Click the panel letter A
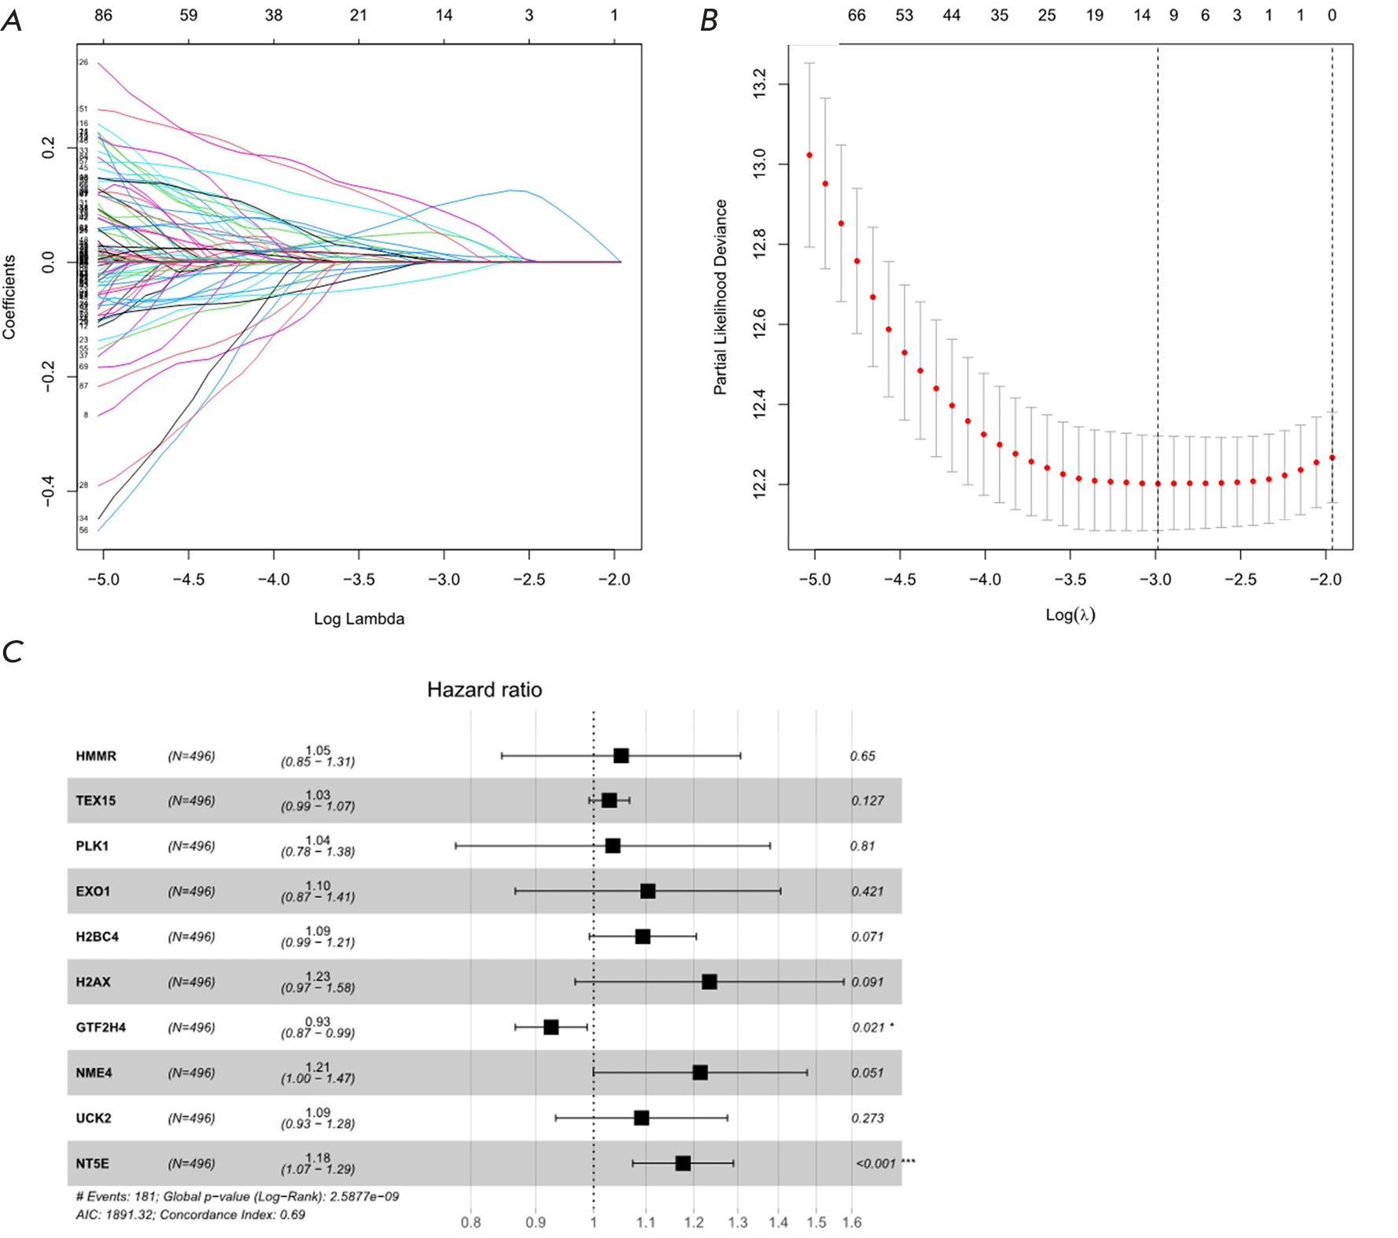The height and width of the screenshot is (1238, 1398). click(12, 20)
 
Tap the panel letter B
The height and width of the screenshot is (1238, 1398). click(709, 20)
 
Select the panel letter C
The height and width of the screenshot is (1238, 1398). click(13, 652)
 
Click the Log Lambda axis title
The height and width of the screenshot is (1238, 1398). click(359, 619)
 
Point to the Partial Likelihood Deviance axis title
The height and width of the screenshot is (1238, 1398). click(720, 297)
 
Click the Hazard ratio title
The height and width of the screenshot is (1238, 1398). click(484, 690)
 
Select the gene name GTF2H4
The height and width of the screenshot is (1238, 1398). click(101, 1027)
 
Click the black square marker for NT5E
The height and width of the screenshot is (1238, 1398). click(683, 1163)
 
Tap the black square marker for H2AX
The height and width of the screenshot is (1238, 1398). click(709, 982)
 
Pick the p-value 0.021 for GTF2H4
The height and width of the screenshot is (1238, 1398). click(868, 1027)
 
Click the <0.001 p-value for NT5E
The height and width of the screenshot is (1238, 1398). click(876, 1163)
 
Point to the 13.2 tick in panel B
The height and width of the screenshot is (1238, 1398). click(759, 83)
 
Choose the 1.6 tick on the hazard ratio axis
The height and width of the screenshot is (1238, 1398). click(852, 1222)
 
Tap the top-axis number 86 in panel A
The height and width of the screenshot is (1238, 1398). click(103, 15)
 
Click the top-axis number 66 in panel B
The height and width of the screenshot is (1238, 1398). click(857, 15)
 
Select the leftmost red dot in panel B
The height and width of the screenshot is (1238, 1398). click(810, 155)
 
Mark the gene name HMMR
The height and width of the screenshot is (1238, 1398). click(96, 756)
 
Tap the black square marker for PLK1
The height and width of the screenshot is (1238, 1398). click(613, 846)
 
